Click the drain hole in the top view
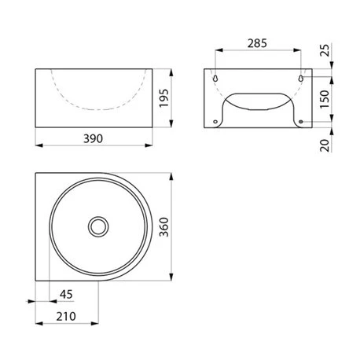pos(97,226)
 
